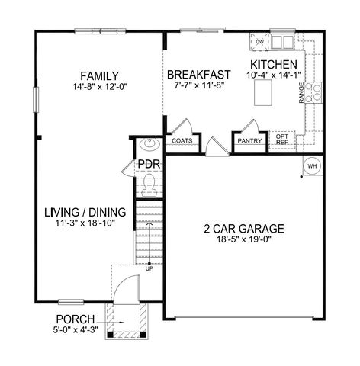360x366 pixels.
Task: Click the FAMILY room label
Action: coord(99,76)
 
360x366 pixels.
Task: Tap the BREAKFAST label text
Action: coord(198,75)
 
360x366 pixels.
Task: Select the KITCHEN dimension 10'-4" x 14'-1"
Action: coord(274,75)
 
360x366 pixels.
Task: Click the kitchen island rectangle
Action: coord(263,92)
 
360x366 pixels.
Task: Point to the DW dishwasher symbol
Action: coord(259,42)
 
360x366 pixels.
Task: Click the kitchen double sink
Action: coord(282,42)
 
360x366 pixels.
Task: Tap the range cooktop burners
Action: coord(313,92)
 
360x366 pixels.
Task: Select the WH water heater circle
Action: coord(312,166)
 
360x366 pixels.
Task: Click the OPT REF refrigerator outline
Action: coord(282,140)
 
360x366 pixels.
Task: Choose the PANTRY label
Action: coord(249,141)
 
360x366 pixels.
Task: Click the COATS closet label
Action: coord(182,141)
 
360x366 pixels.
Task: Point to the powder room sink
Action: coord(149,144)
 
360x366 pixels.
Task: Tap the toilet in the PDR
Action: coord(149,185)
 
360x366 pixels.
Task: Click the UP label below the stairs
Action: coord(149,268)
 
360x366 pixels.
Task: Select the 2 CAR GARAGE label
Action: coord(244,229)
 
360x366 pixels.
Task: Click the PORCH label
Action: coord(76,319)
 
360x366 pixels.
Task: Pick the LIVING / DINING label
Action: coord(85,213)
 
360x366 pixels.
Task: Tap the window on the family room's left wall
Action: coord(36,99)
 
